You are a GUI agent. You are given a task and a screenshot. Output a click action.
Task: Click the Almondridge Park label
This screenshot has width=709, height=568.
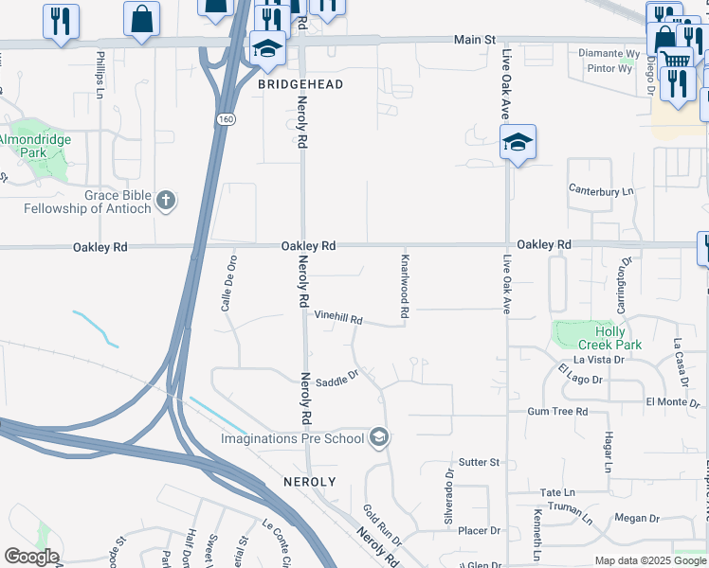(x=34, y=146)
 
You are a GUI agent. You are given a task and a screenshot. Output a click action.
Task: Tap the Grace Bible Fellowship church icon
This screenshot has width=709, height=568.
(x=166, y=201)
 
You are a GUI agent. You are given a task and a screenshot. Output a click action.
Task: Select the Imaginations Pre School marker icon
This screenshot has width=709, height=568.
(x=379, y=437)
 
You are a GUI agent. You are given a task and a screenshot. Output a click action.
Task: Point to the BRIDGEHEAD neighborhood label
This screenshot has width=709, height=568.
(x=300, y=84)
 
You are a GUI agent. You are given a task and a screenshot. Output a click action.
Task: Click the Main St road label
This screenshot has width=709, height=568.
(x=474, y=40)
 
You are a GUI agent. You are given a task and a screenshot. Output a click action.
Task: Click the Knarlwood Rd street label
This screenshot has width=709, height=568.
(x=405, y=285)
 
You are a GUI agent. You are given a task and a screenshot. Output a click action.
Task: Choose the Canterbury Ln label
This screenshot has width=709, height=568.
(x=600, y=191)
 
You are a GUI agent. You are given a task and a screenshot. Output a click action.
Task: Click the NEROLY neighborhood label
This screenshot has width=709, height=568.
(x=309, y=482)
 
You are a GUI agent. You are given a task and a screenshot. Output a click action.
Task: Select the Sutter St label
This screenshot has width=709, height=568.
(x=479, y=462)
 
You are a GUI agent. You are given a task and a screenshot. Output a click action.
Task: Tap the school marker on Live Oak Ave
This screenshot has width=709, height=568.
(x=518, y=143)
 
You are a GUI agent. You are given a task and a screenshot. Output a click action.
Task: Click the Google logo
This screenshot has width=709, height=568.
(x=30, y=557)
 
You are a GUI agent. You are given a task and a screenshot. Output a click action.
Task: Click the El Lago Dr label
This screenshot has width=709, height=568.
(x=580, y=374)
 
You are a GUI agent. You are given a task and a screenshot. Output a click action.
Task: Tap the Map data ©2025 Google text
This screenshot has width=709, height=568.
(x=649, y=560)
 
